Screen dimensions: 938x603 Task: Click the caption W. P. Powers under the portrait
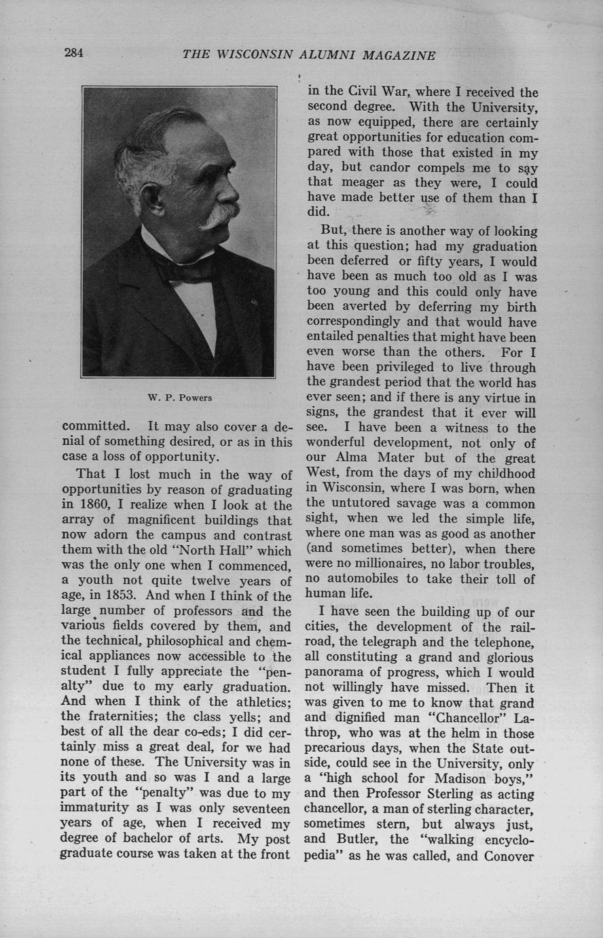point(179,398)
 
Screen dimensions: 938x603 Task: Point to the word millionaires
point(390,564)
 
